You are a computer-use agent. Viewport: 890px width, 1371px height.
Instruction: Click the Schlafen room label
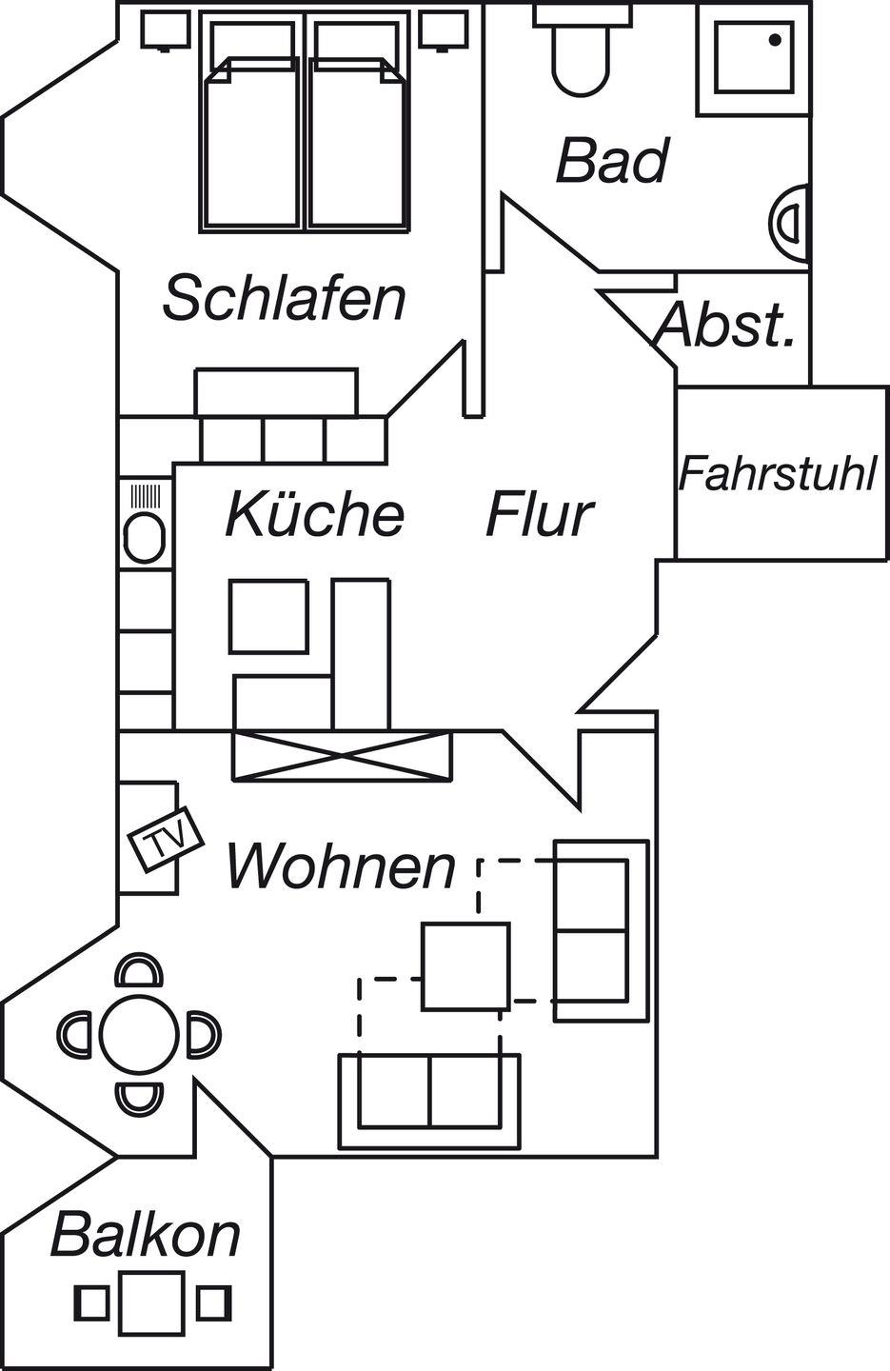pyautogui.click(x=284, y=298)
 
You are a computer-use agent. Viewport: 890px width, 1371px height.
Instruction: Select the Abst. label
pyautogui.click(x=725, y=327)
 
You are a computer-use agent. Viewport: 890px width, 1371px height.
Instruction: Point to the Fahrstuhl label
pyautogui.click(x=778, y=473)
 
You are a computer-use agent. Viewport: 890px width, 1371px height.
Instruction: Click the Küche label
pyautogui.click(x=315, y=514)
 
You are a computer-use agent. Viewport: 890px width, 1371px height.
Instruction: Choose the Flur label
pyautogui.click(x=539, y=514)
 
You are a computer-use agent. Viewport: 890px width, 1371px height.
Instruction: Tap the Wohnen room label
pyautogui.click(x=341, y=867)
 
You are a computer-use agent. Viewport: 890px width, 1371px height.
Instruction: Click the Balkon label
pyautogui.click(x=145, y=1235)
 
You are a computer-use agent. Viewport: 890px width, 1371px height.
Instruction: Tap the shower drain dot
pyautogui.click(x=775, y=40)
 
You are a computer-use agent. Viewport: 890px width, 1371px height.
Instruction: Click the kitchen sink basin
pyautogui.click(x=146, y=537)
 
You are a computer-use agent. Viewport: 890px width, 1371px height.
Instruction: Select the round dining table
pyautogui.click(x=141, y=1034)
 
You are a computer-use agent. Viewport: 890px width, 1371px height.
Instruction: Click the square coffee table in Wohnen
pyautogui.click(x=466, y=966)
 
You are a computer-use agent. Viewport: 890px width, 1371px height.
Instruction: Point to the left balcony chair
pyautogui.click(x=92, y=1301)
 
